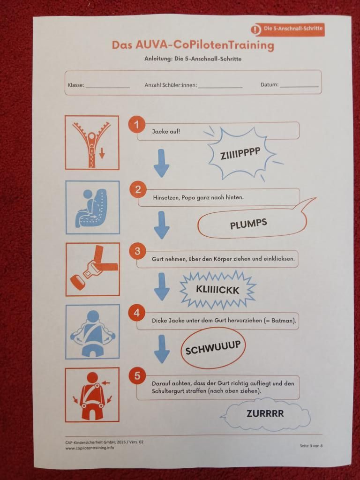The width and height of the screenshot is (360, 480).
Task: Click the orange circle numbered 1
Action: pos(137,124)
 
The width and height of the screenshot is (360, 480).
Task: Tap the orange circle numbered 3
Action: pos(137,251)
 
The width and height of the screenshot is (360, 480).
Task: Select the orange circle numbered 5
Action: pos(137,375)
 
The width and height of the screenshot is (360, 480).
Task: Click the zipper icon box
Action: pos(92,142)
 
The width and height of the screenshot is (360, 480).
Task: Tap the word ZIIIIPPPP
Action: pos(240,153)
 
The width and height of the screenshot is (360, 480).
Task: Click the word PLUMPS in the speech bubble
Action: pos(248,224)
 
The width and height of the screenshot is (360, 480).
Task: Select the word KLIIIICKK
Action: pos(217,290)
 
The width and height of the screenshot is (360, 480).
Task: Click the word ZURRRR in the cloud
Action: pos(265,413)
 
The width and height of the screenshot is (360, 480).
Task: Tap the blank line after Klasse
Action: pos(108,88)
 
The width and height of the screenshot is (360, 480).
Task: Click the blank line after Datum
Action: pos(300,87)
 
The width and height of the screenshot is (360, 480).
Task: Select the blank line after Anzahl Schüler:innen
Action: pos(220,88)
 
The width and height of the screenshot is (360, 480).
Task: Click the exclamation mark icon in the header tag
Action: pos(255,30)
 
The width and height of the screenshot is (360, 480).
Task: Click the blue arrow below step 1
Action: pos(161,163)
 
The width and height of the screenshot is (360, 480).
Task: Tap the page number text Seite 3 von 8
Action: pos(311,446)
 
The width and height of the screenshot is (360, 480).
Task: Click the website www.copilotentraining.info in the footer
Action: pos(90,448)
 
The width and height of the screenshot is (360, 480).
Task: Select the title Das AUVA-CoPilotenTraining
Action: pos(193,45)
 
